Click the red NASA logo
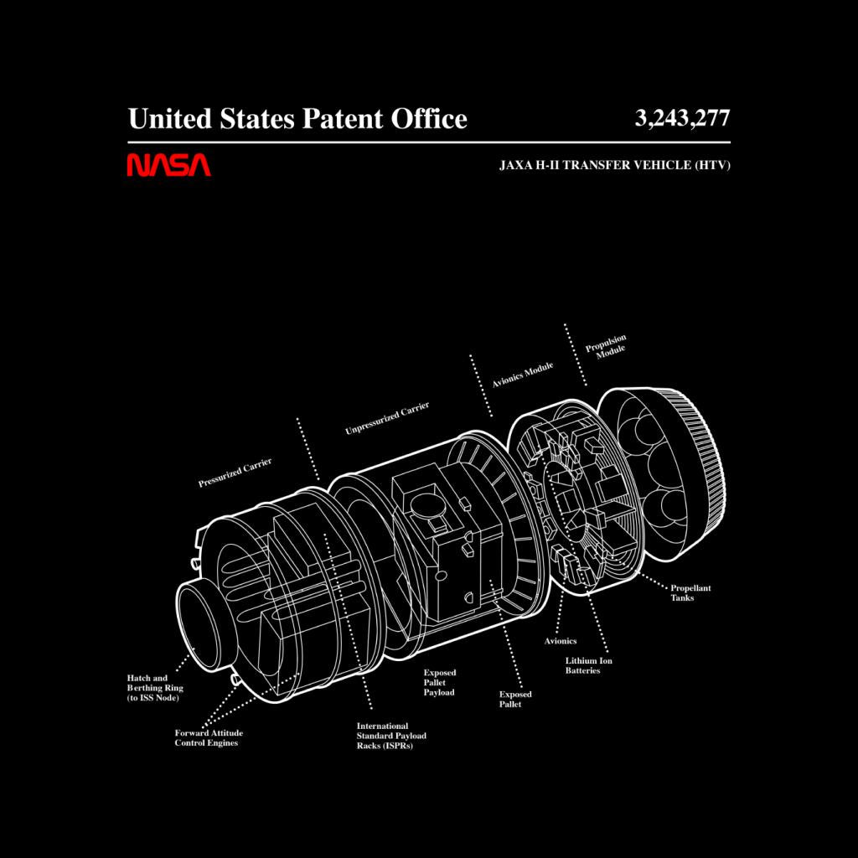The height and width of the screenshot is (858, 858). pos(168,165)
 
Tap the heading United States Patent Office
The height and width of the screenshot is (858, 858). pos(297,119)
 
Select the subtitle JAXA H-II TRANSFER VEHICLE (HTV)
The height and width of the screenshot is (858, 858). pos(614,165)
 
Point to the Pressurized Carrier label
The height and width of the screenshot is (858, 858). pos(235,473)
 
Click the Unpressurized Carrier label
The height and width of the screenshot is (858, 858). pos(387,418)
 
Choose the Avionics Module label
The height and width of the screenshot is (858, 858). pos(523,375)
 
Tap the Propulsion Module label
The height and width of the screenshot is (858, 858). pos(607,346)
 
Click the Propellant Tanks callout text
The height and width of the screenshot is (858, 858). pos(690,592)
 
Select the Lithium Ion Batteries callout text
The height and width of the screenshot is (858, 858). pos(588,665)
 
